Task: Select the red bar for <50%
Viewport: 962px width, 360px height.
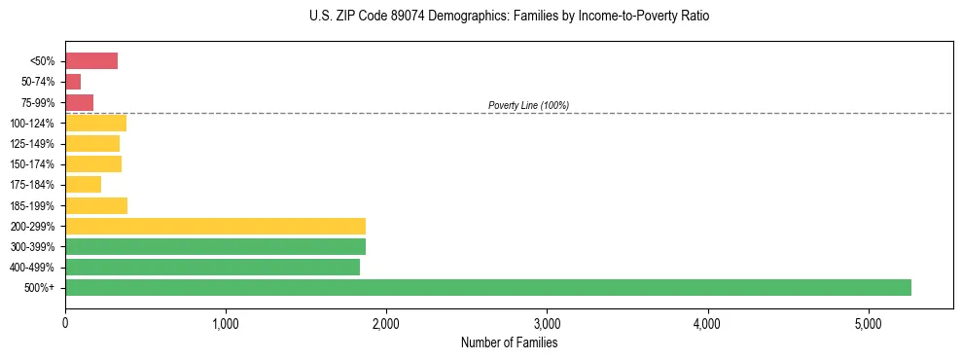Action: coord(91,61)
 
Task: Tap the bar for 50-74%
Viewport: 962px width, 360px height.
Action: coord(73,82)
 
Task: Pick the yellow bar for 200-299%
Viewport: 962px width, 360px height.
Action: coord(215,226)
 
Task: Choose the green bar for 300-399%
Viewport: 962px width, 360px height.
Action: coord(215,246)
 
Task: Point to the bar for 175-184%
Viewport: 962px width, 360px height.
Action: coord(84,185)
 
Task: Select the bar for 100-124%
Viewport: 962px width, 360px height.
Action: coord(96,123)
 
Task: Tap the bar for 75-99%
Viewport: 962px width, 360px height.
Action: coord(80,102)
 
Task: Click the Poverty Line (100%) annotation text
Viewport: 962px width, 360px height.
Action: coord(528,105)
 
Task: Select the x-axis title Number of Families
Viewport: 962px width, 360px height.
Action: coord(510,342)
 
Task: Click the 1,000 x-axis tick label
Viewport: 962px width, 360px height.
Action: coord(226,323)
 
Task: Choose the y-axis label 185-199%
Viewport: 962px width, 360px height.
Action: coord(32,205)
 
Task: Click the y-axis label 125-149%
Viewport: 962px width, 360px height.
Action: coord(32,144)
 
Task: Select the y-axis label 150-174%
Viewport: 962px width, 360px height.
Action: coord(32,164)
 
